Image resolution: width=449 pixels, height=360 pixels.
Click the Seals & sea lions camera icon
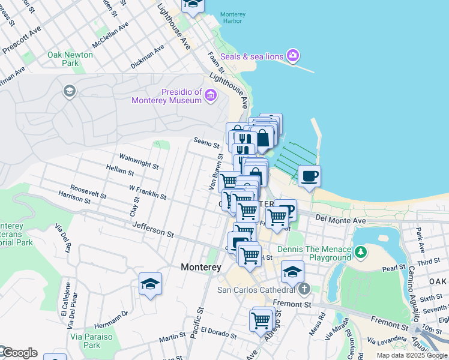[292, 56]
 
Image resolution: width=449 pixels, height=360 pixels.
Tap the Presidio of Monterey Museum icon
[210, 95]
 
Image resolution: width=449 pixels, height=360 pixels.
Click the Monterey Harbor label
[231, 17]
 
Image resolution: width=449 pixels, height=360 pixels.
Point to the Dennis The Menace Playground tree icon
[360, 252]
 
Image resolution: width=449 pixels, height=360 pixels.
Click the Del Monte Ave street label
[340, 220]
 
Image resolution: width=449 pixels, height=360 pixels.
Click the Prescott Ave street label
[22, 41]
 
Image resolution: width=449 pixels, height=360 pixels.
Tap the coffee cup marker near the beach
[309, 176]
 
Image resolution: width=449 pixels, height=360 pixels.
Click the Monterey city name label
[201, 266]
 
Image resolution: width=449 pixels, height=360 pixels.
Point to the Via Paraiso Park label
[92, 341]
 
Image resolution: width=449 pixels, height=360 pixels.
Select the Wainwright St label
[139, 160]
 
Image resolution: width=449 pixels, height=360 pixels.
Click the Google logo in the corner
[19, 353]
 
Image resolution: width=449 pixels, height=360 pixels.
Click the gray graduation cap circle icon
[69, 91]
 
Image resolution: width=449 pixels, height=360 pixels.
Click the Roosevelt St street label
[88, 191]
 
